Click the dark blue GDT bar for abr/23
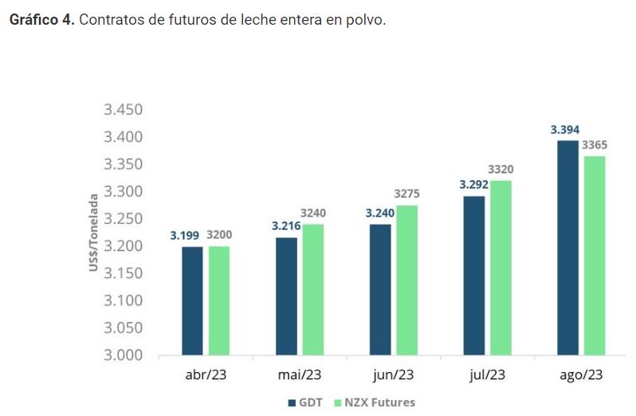tap(192, 300)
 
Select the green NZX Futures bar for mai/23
tap(312, 289)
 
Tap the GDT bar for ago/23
tap(567, 247)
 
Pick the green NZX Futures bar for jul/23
tap(501, 268)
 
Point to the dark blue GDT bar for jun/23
tap(379, 289)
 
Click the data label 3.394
tap(564, 129)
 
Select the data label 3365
tap(594, 144)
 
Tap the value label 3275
tap(407, 194)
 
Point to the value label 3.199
tap(185, 235)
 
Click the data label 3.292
tap(471, 185)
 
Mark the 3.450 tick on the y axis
tap(123, 109)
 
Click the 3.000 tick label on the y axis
tap(123, 355)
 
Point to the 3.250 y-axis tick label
tap(123, 218)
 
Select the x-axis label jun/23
tap(393, 375)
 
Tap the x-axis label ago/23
tap(580, 375)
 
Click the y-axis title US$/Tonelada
tap(93, 232)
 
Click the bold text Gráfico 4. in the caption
tap(41, 20)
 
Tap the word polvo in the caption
tap(365, 20)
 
